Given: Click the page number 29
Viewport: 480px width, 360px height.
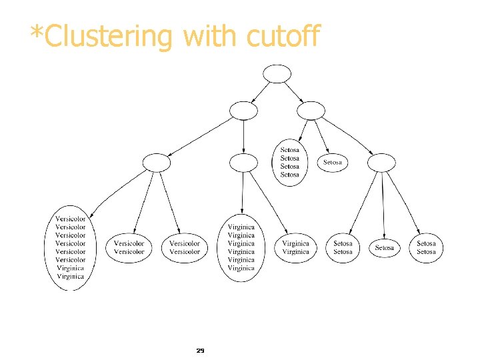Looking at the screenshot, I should pos(200,350).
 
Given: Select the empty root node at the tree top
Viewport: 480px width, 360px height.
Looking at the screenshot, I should pos(277,73).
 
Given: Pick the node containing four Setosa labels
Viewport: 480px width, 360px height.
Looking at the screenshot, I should pos(290,162).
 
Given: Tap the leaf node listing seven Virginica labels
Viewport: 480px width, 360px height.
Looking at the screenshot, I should pos(241,247).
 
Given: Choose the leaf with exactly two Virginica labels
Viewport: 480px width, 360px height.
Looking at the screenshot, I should pos(295,247).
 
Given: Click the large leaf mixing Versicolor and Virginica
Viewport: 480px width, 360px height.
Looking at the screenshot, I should pos(71,247).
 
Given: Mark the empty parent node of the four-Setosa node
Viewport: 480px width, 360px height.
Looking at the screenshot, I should pos(311,110).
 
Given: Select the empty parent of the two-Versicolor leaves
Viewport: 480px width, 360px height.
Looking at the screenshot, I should pos(157,162).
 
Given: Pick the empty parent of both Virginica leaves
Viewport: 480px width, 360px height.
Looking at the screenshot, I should pos(243,162).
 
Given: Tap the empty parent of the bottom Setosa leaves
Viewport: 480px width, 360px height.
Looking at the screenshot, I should pos(381,162).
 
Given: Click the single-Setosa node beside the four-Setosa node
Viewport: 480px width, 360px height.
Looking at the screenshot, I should pos(333,162).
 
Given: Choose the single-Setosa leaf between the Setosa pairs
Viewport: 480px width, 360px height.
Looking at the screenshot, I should pos(384,247).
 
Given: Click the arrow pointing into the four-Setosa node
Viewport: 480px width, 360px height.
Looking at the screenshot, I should pos(300,129).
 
